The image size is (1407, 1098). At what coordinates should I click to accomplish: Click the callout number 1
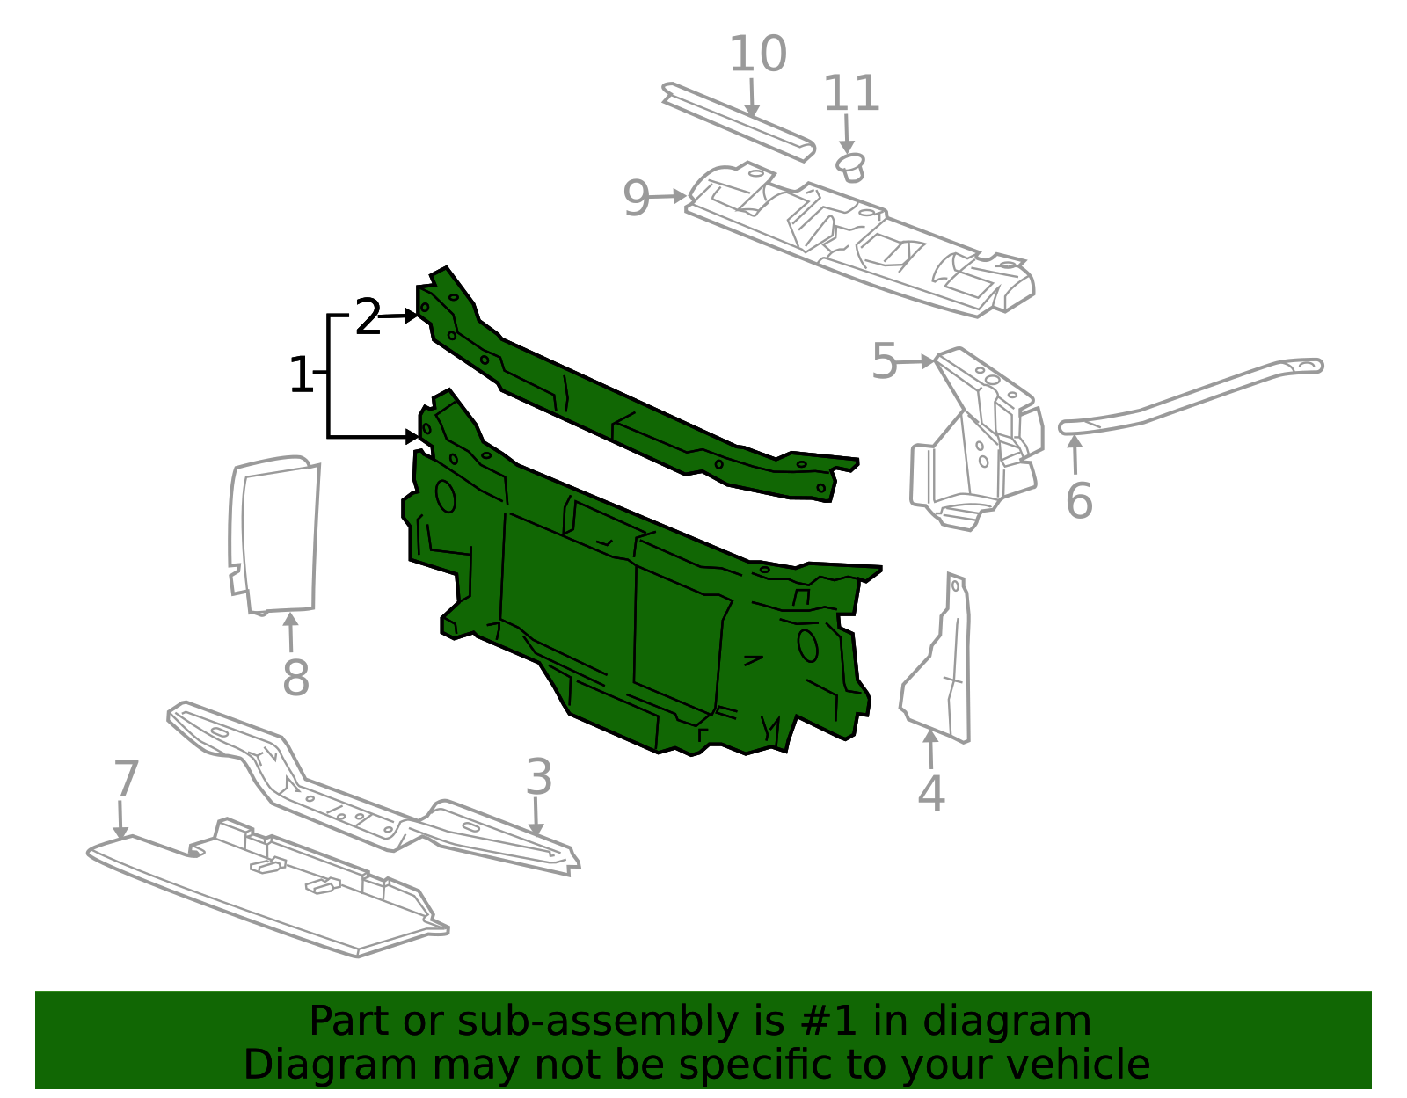[x=301, y=376]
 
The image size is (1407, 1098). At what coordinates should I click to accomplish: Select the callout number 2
[x=368, y=317]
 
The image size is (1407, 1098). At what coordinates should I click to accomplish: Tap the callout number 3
[x=538, y=778]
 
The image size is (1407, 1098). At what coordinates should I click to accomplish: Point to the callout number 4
[x=931, y=794]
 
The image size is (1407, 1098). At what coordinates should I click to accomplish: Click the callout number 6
[x=1079, y=501]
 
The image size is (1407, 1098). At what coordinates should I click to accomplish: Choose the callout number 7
[x=127, y=779]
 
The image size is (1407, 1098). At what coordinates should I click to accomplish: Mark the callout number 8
[x=295, y=678]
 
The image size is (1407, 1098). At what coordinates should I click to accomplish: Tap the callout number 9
[x=636, y=199]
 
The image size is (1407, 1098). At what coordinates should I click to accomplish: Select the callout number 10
[x=758, y=55]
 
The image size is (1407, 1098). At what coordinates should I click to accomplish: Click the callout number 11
[x=851, y=93]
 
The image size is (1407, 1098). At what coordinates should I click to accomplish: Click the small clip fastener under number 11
[x=851, y=166]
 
